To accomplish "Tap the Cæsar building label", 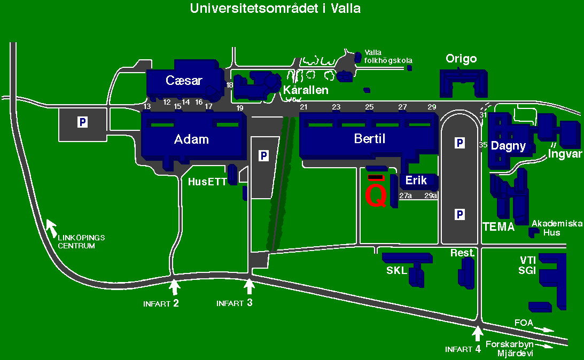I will pos(184,81).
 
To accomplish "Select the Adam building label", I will pos(191,139).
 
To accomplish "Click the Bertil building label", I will pos(370,139).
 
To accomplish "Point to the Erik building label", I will pos(416,181).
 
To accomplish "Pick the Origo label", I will pos(461,59).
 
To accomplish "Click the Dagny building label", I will pos(508,145).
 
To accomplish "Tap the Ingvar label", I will pos(564,155).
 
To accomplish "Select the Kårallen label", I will pos(306,90).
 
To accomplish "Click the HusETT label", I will pos(207,181).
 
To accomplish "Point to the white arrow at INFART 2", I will pos(174,287).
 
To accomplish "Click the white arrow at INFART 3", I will pos(248,286).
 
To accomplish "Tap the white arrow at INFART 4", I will pos(477,334).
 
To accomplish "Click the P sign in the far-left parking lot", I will pos(82,122).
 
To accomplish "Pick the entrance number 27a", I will pos(406,196).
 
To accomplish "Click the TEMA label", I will pos(499,227).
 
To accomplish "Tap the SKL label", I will pos(396,270).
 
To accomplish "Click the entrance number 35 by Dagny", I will pos(484,145).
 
